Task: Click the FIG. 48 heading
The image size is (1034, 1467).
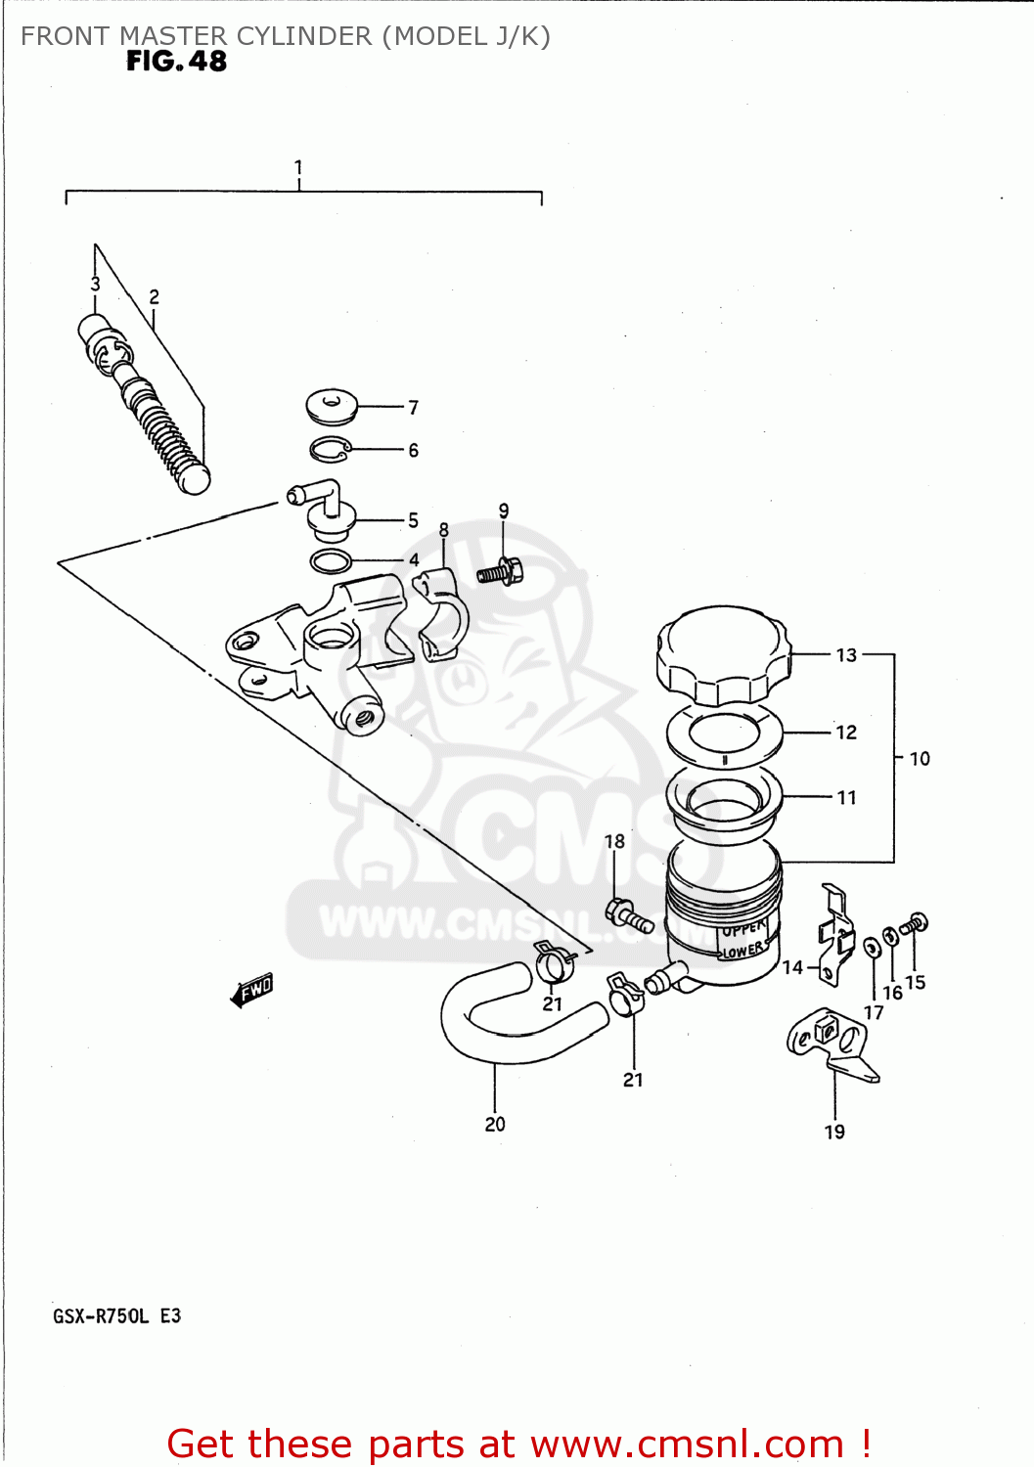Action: click(176, 62)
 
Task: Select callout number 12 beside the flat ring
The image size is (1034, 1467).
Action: click(846, 733)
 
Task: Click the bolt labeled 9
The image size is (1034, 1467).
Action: click(501, 572)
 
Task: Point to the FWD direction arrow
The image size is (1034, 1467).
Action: click(252, 990)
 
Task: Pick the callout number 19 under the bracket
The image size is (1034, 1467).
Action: click(834, 1132)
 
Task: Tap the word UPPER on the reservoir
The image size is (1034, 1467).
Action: click(743, 928)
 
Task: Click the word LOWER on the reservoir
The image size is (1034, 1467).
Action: click(743, 951)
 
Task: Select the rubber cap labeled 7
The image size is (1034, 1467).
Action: click(332, 406)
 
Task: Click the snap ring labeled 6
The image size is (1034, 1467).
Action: click(331, 449)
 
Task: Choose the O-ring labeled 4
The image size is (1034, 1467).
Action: click(332, 562)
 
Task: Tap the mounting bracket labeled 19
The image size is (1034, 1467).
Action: click(832, 1044)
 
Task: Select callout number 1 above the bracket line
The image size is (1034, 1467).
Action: click(298, 168)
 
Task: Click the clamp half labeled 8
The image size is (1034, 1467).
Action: click(442, 616)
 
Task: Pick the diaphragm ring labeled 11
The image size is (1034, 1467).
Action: click(725, 799)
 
